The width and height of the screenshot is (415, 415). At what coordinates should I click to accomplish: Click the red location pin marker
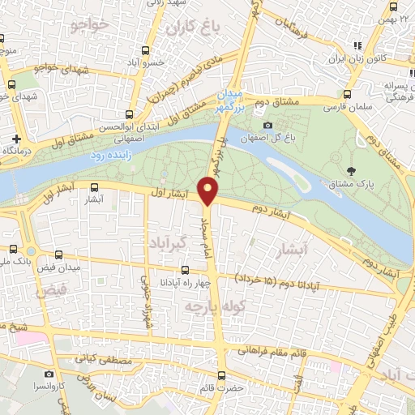point(210,190)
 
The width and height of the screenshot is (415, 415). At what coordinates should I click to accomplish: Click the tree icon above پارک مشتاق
point(351,171)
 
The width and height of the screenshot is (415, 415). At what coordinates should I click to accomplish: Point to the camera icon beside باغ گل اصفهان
point(268,125)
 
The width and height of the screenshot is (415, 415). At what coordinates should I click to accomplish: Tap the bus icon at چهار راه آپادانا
point(186,270)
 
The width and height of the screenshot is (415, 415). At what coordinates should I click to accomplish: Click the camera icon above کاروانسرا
point(49,374)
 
